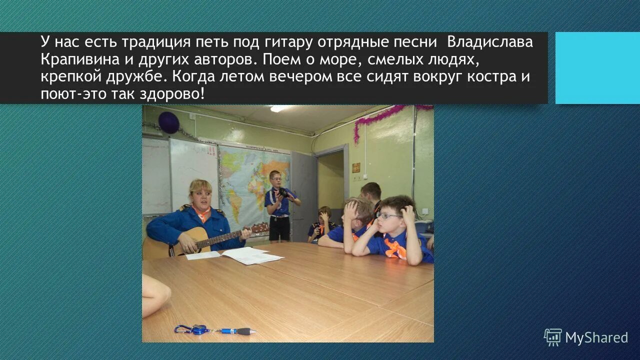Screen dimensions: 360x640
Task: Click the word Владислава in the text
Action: pos(490,42)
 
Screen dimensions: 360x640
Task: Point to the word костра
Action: pos(495,77)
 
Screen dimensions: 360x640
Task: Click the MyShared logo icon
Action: pos(552,337)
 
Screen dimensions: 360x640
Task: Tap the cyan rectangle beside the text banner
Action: pos(597,68)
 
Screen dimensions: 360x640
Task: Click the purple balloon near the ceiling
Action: pos(169,122)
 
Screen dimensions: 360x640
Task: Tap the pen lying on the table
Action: pos(237,330)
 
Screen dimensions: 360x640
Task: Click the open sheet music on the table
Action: pos(250,255)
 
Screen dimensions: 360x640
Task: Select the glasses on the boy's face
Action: pos(388,215)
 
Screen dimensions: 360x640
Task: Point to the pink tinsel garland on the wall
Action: pos(380,118)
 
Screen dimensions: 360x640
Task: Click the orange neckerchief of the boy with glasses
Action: pos(395,248)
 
